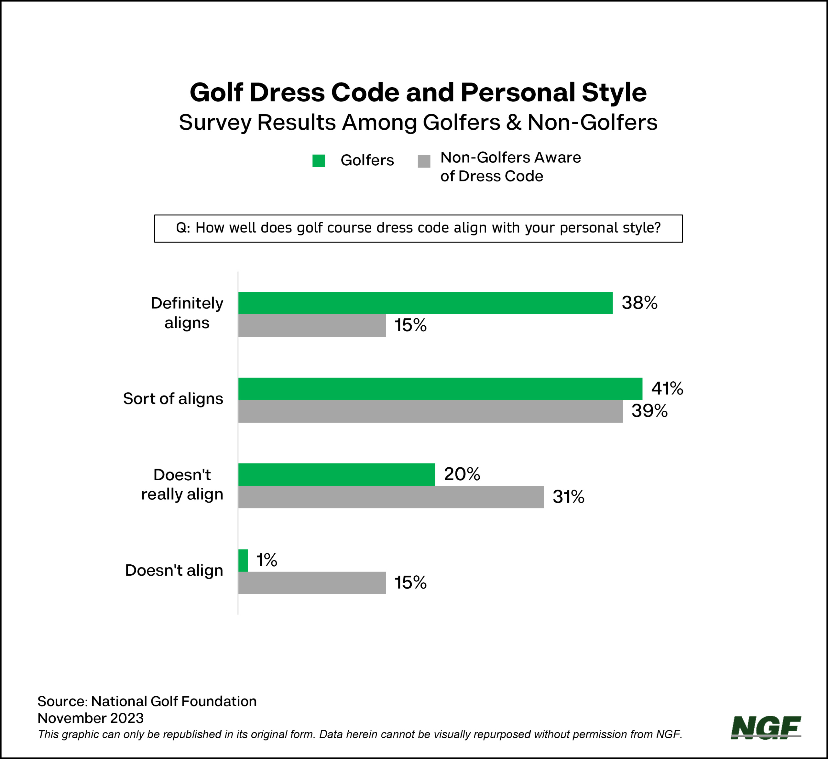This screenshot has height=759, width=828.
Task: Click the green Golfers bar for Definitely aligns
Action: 425,303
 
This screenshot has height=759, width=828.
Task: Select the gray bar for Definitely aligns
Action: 312,326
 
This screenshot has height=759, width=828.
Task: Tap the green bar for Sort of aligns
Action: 440,388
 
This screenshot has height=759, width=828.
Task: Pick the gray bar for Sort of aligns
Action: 430,411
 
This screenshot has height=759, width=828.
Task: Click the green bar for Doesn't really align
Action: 336,474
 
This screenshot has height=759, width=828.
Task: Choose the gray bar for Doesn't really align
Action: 391,497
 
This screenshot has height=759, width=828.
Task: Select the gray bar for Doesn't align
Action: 312,582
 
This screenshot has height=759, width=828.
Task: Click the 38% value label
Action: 639,303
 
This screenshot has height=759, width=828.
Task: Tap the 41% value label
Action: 667,388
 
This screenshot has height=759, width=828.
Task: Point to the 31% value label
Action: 568,497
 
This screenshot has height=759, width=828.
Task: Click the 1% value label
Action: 267,560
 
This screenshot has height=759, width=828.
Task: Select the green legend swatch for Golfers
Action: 319,161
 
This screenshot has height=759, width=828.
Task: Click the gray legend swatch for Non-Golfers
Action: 424,161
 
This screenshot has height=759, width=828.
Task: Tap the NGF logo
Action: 766,728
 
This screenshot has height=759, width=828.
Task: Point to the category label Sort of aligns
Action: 173,399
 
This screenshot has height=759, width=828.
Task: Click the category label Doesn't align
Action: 174,570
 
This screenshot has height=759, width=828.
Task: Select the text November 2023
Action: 90,718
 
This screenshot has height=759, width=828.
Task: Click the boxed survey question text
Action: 418,228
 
